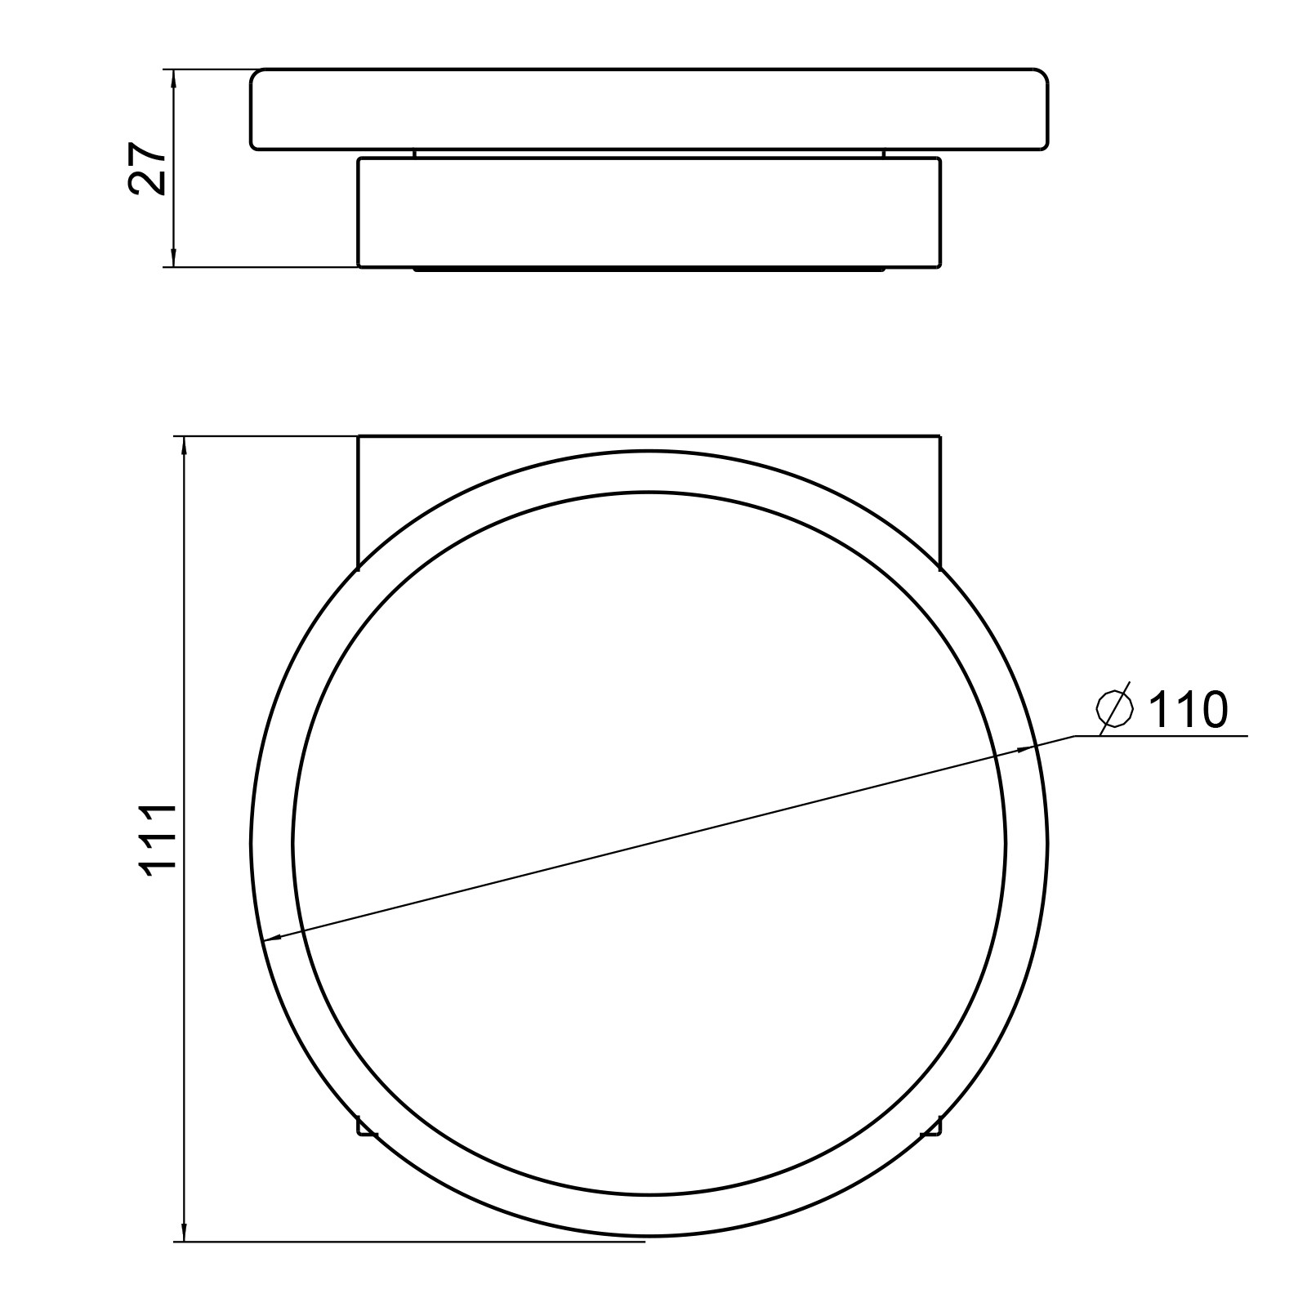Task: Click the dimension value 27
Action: point(148,169)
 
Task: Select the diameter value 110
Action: point(1188,709)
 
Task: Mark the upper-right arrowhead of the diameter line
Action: point(1024,748)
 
